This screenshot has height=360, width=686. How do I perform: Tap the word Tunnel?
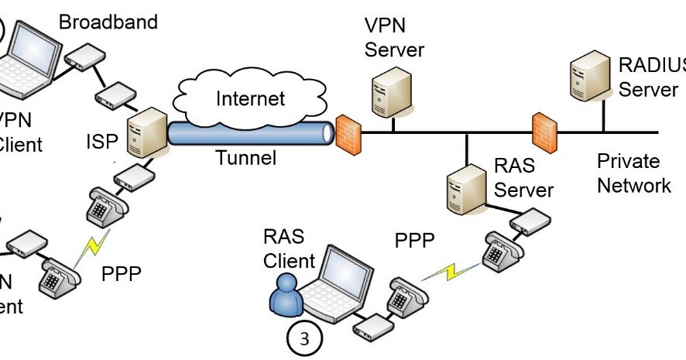[x=245, y=159]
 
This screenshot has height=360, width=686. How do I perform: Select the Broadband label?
[x=108, y=21]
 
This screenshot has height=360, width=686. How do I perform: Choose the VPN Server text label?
[x=395, y=36]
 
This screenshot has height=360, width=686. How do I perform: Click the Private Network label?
[x=633, y=173]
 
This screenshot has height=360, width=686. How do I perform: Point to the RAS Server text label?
[x=524, y=177]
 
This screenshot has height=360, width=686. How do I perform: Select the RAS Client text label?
[x=290, y=248]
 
